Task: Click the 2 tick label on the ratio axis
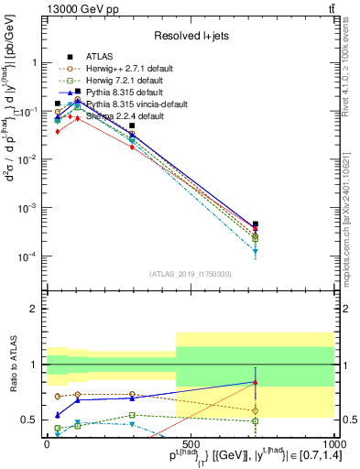[34, 310]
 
